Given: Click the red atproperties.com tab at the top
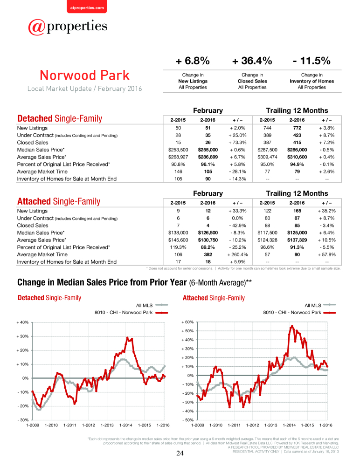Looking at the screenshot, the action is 87,7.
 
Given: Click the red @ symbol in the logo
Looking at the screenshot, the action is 36,27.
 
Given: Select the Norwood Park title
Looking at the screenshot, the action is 85,75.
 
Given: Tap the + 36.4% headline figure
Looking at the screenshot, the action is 252,61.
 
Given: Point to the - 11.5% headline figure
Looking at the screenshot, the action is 312,61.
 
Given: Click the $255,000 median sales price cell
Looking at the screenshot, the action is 208,150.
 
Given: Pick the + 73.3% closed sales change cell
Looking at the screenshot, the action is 237,142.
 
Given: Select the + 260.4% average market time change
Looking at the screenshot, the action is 237,254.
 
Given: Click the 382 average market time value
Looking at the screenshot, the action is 208,254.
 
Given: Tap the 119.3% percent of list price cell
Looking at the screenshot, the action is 178,247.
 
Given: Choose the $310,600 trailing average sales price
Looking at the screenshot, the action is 297,157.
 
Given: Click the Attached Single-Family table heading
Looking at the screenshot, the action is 59,201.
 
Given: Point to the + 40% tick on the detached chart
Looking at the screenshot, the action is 22,322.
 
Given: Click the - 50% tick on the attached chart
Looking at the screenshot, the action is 188,420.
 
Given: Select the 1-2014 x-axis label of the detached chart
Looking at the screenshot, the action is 125,425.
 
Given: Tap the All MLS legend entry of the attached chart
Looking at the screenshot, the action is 320,305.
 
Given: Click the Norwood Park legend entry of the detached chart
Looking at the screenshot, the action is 131,313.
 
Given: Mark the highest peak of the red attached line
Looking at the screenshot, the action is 292,326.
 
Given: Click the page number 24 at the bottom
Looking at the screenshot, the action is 180,453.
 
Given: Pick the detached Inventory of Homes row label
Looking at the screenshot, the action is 67,179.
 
